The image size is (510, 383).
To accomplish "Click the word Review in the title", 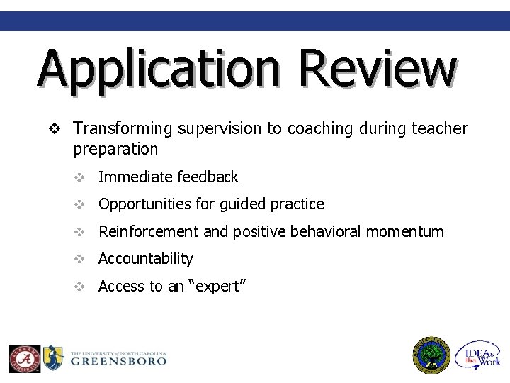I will (376, 68).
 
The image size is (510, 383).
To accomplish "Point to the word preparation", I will (115, 149).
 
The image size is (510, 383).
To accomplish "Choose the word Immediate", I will (132, 177).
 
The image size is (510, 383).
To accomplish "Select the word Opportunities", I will (145, 204).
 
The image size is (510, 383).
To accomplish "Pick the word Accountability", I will (145, 259).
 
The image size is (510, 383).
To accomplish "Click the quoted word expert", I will (215, 286).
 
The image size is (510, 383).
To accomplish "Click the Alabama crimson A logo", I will (24, 358).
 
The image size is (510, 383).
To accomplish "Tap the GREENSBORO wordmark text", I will (119, 360).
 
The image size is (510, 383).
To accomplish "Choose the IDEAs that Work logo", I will (478, 355).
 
